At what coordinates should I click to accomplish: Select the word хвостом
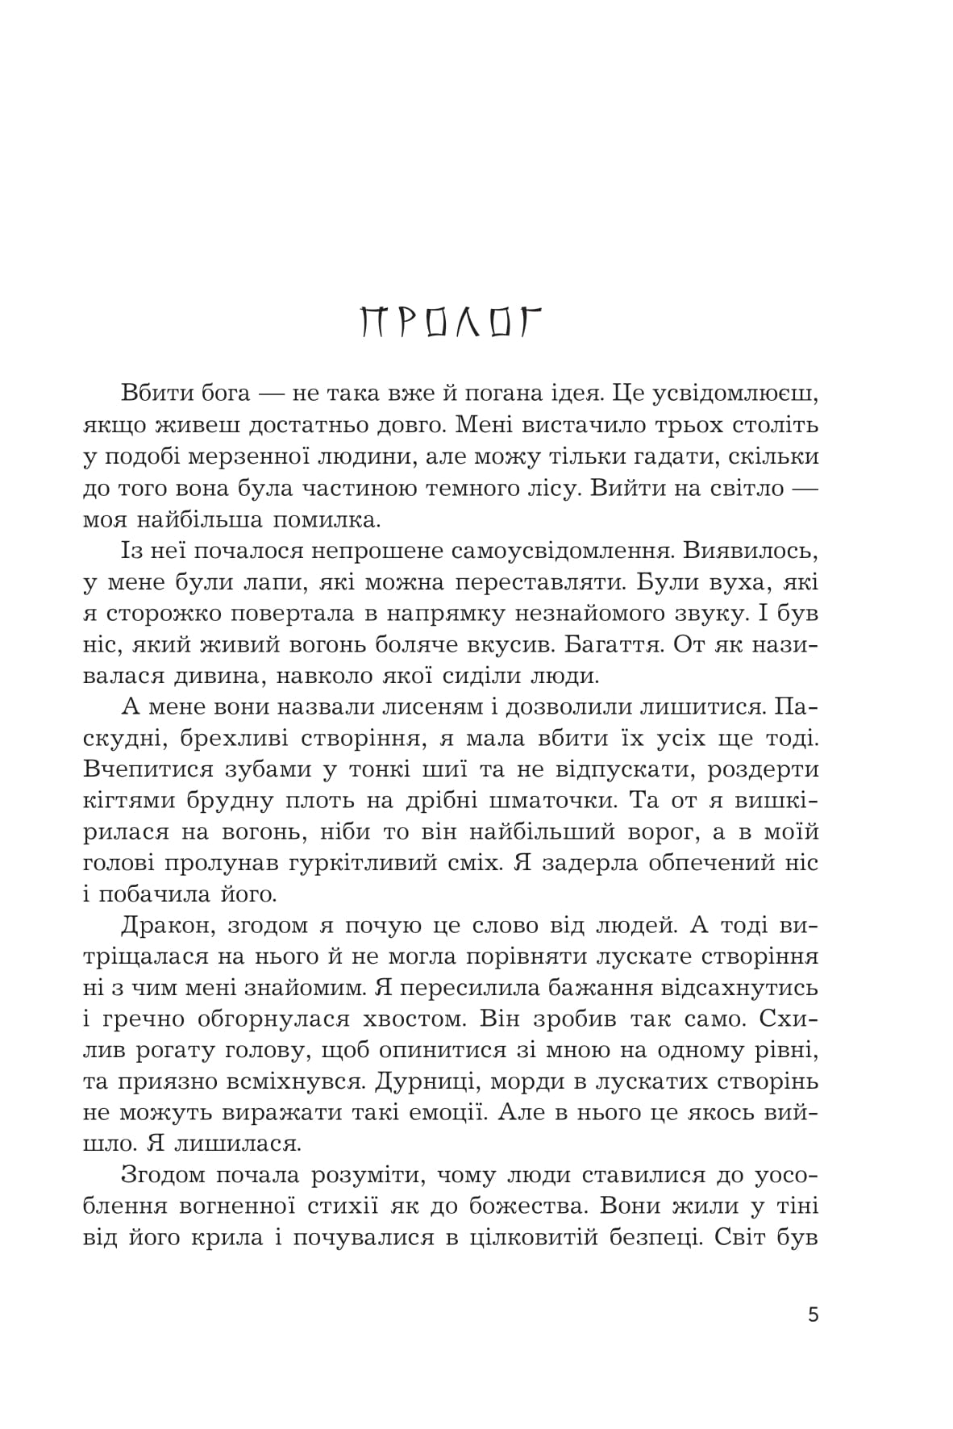[412, 1019]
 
